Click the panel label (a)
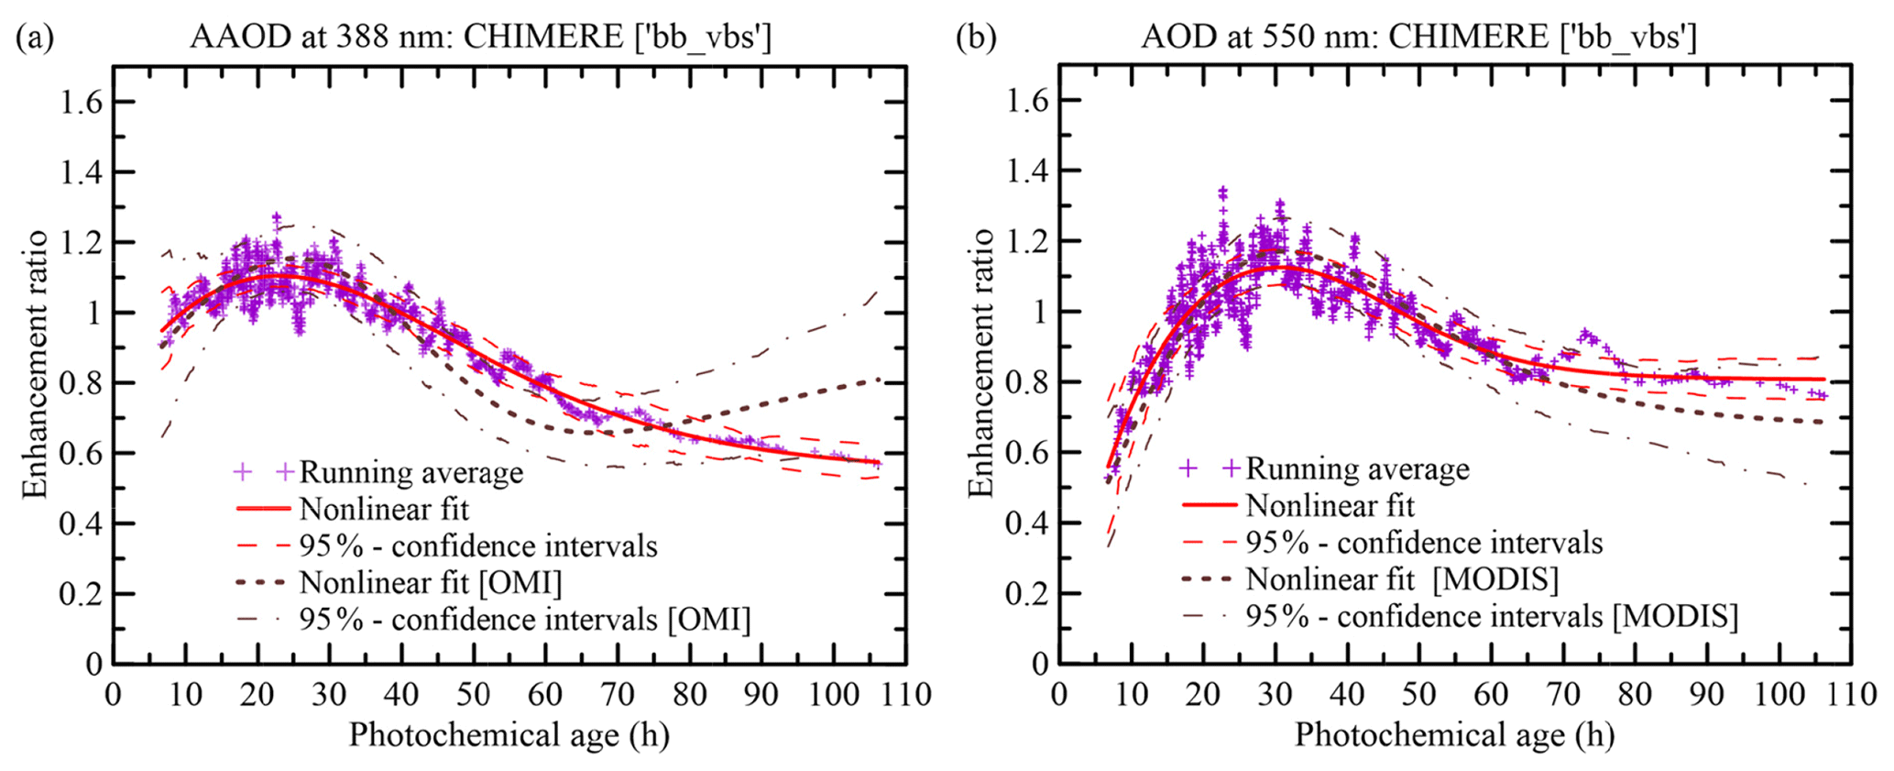coord(36,38)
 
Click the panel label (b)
coord(976,38)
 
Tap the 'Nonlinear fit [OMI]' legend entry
coord(430,583)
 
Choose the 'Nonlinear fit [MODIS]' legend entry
coord(1402,579)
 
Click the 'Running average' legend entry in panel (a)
coord(411,472)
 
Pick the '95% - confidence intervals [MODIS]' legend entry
coord(1491,616)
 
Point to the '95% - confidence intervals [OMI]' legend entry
coord(524,621)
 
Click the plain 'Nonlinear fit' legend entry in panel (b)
coord(1330,505)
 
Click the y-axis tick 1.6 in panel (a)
coord(81,102)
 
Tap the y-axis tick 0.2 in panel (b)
coord(1027,594)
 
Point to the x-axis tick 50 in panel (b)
coord(1419,695)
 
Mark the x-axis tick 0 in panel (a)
coord(114,695)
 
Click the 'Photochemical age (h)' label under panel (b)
coord(1454,735)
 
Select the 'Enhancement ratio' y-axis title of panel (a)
coord(36,364)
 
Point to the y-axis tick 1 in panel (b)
coord(1039,313)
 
